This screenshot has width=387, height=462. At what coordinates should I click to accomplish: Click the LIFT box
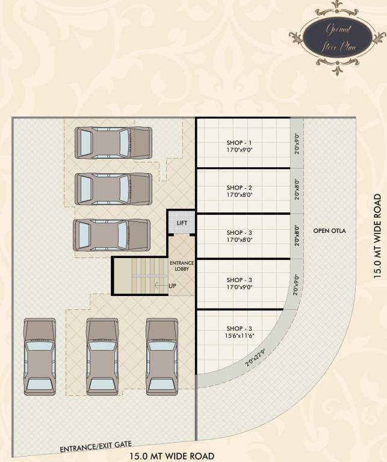182,223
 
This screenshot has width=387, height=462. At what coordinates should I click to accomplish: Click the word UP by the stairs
172,285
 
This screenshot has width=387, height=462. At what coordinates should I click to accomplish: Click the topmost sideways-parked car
113,143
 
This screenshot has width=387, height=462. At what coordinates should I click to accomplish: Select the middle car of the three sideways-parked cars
113,188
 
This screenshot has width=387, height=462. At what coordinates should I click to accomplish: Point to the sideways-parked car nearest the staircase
111,235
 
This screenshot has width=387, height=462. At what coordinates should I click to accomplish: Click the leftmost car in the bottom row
40,357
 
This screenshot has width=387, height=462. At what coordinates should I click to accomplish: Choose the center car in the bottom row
102,357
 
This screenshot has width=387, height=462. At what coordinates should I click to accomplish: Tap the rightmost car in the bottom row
163,357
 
